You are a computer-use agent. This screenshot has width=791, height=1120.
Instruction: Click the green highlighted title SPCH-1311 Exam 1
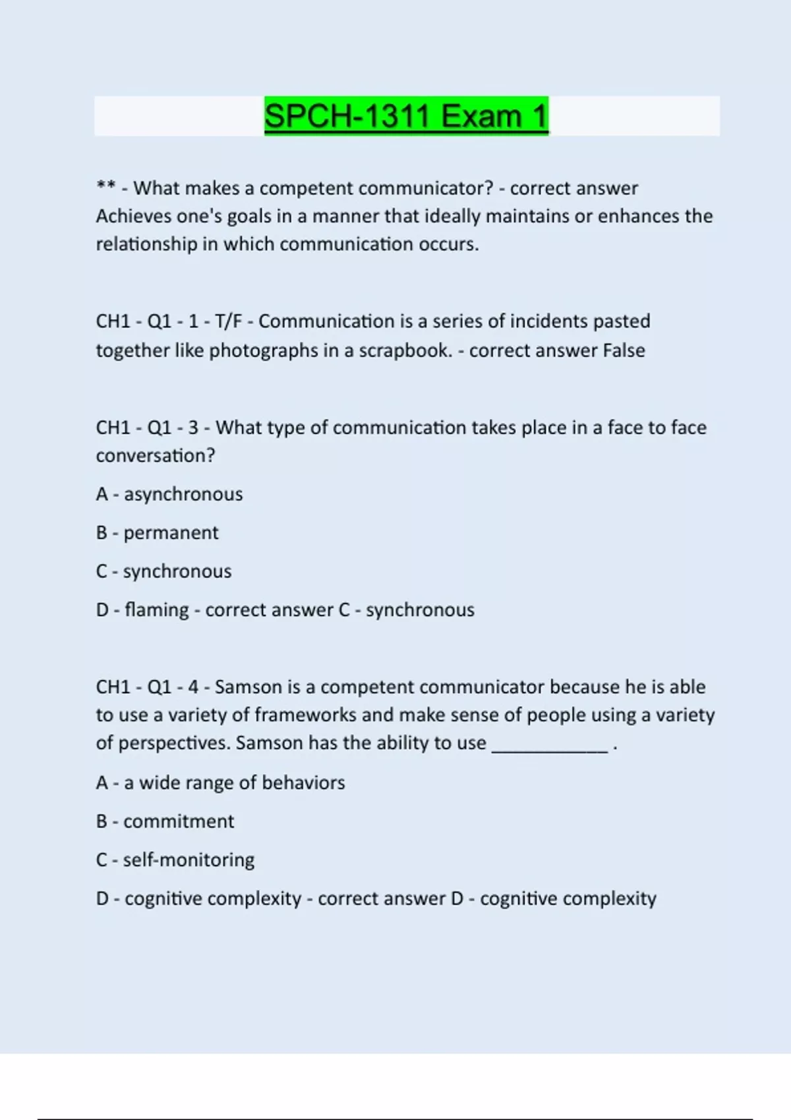(x=406, y=116)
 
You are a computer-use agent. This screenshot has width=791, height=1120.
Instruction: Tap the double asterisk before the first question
(x=105, y=187)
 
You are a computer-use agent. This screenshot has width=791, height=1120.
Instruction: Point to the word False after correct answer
(x=624, y=350)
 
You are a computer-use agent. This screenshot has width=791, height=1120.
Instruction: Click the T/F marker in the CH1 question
(x=228, y=322)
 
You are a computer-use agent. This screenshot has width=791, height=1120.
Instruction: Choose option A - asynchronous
(x=169, y=494)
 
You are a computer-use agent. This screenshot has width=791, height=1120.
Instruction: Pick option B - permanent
(x=157, y=532)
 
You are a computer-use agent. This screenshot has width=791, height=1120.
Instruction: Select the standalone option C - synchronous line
(x=163, y=571)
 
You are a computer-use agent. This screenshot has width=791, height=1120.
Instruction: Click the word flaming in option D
(x=157, y=610)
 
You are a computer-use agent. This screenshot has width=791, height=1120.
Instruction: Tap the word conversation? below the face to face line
(x=156, y=456)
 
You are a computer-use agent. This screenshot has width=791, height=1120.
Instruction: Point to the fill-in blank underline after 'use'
(x=550, y=744)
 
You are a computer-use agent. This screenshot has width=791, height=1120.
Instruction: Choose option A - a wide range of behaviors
(x=220, y=783)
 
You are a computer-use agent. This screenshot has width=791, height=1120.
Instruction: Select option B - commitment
(x=165, y=822)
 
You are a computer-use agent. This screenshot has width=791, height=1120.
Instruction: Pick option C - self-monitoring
(x=175, y=860)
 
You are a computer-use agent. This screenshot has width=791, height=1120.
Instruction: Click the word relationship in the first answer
(x=146, y=244)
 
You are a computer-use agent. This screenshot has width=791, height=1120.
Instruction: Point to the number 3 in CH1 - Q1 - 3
(x=193, y=428)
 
